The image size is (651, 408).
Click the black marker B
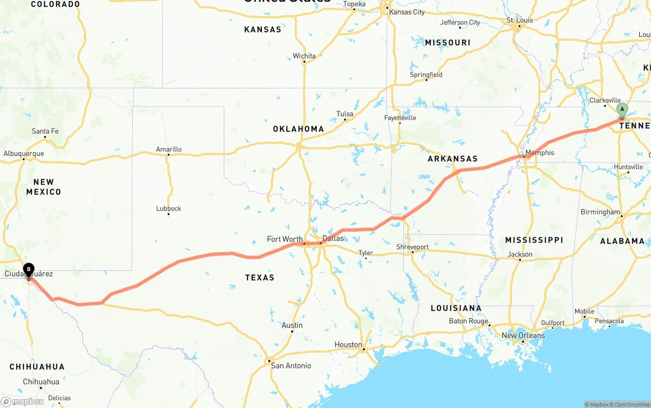(29, 269)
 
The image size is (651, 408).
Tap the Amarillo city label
(168, 149)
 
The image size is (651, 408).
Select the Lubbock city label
(168, 208)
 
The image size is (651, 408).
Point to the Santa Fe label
(45, 131)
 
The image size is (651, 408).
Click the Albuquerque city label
(23, 153)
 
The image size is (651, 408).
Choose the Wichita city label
(304, 56)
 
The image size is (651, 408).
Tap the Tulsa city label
(344, 114)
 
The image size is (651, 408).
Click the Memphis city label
(540, 152)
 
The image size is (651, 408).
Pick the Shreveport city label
(412, 247)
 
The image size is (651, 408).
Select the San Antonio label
(291, 365)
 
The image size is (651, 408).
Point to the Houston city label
(348, 344)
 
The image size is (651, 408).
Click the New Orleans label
(523, 335)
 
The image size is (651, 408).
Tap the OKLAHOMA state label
(299, 129)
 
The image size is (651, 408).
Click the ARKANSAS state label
(453, 159)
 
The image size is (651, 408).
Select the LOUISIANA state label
(456, 308)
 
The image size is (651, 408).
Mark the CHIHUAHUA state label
(37, 366)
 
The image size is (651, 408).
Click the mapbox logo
(22, 401)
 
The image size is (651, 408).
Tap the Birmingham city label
(600, 212)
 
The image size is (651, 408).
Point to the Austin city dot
(292, 331)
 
